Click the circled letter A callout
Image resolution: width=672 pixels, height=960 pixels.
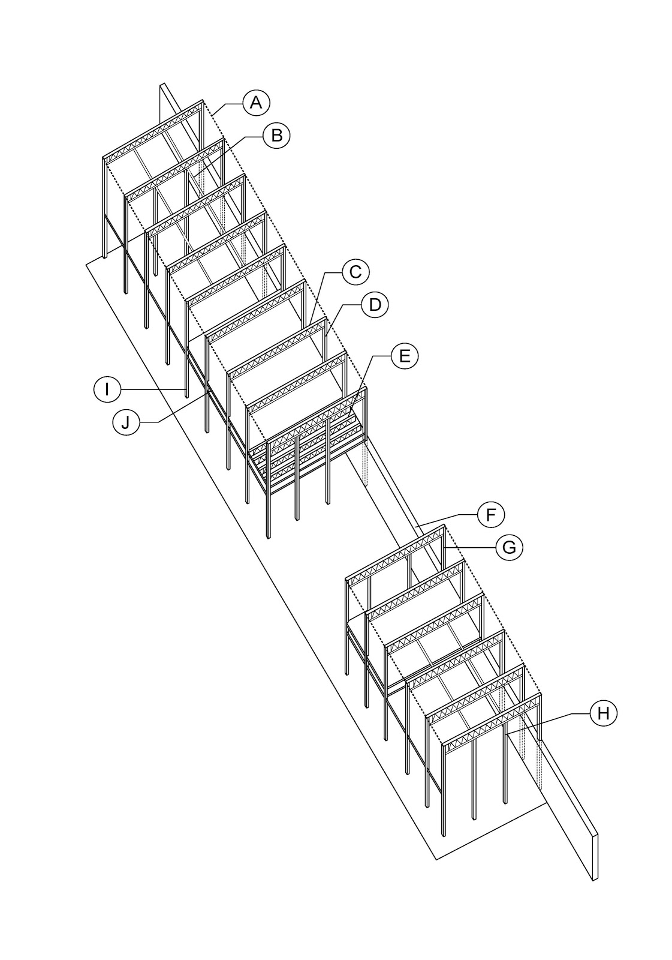click(256, 103)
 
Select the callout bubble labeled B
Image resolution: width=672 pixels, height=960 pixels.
click(276, 135)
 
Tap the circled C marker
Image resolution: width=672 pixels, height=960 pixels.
click(355, 272)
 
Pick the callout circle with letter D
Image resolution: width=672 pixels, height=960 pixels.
click(375, 305)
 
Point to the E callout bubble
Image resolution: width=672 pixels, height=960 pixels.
click(405, 356)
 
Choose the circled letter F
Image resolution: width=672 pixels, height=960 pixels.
click(491, 514)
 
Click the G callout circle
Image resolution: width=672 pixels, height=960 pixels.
click(509, 547)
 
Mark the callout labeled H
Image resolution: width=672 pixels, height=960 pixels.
click(603, 713)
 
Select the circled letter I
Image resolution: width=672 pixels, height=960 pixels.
click(107, 389)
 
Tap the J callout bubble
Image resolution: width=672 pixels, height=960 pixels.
click(125, 422)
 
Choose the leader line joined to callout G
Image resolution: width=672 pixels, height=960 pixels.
click(471, 547)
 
